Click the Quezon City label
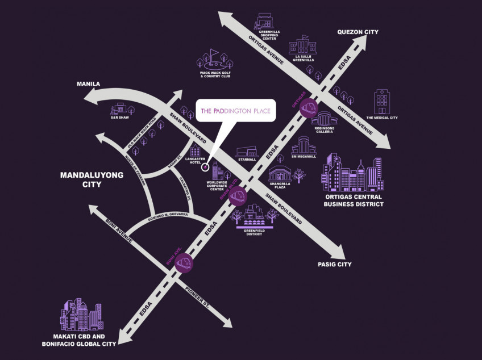(358, 32)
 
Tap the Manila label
(88, 84)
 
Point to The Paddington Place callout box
(235, 111)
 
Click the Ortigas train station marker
(309, 107)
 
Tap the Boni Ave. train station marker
(184, 262)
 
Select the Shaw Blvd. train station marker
(238, 196)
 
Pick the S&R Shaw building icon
(120, 107)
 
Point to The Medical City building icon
(381, 102)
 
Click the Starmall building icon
(247, 152)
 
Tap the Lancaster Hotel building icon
(195, 151)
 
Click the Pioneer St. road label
(198, 299)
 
